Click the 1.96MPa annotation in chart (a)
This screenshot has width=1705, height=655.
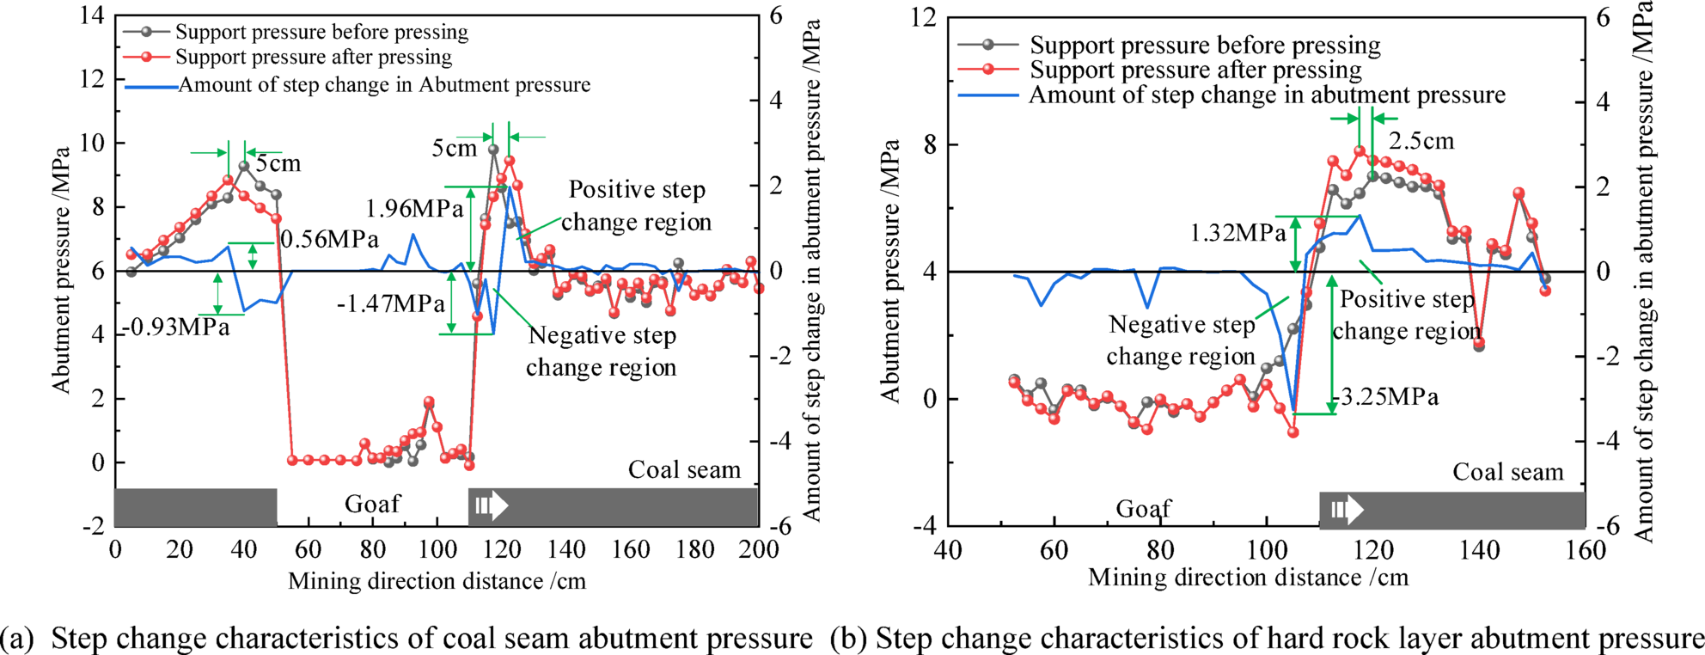[414, 209]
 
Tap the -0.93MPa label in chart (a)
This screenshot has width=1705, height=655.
[177, 327]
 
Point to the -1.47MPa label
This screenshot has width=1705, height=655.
[390, 303]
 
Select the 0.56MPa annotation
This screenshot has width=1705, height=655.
[329, 240]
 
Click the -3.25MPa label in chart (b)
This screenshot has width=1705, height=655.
[1384, 397]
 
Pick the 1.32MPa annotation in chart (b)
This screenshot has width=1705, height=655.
[1237, 233]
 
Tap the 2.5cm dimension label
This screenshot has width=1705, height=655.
[1421, 141]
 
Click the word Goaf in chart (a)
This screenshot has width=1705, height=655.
[372, 504]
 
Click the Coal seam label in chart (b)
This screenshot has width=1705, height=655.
[1507, 472]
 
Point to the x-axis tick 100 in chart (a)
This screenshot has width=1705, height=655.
[437, 550]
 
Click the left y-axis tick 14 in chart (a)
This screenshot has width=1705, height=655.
[92, 15]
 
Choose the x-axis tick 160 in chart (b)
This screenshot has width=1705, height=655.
[1585, 550]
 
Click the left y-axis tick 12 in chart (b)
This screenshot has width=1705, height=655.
[923, 17]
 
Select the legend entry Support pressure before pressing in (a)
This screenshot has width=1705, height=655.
[321, 32]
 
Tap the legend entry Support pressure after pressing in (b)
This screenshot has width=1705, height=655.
[1195, 70]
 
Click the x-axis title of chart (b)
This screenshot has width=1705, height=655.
[1248, 578]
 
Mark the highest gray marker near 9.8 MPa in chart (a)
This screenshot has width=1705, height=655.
[493, 150]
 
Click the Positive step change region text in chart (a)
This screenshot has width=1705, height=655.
[637, 205]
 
